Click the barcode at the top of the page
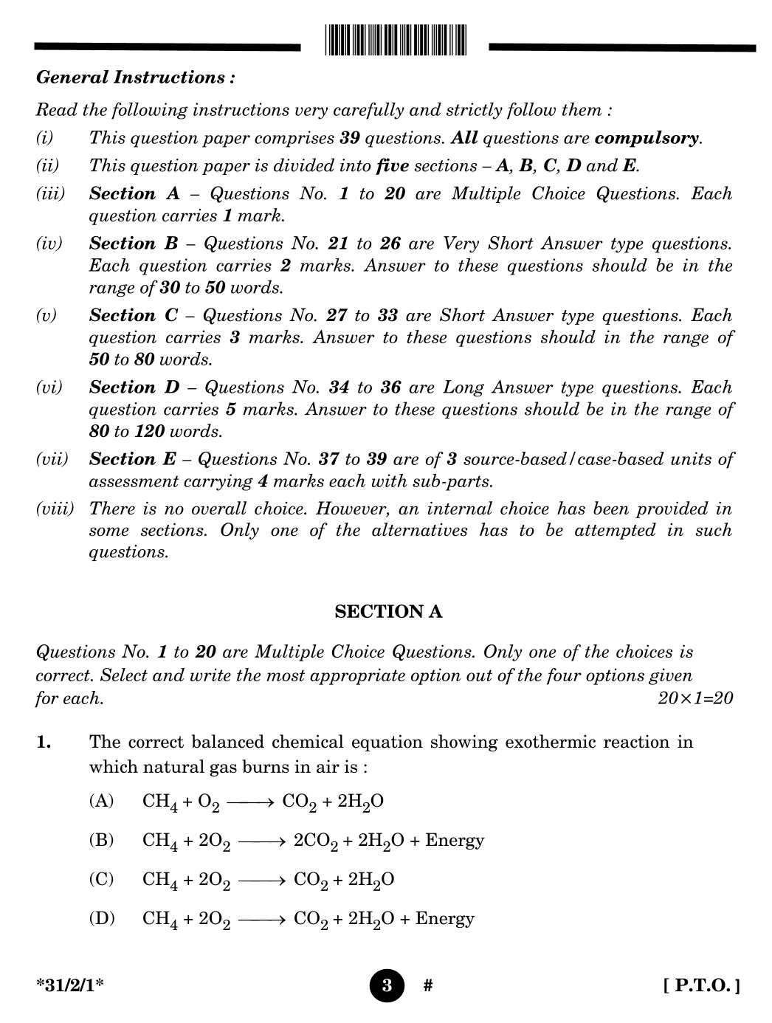tap(395, 40)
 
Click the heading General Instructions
tap(136, 77)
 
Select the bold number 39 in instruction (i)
tap(349, 138)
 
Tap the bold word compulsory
tap(647, 138)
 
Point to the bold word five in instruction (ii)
tap(392, 166)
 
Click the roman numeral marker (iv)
tap(49, 244)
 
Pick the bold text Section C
tap(134, 316)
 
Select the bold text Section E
tap(133, 459)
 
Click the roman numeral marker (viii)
tap(55, 509)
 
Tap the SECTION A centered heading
tap(388, 612)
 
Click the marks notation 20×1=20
tap(695, 698)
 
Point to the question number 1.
tap(44, 743)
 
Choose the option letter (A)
tap(101, 801)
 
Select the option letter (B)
tap(101, 840)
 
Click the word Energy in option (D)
tap(444, 918)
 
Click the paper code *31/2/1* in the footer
tap(70, 985)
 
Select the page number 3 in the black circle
tap(387, 985)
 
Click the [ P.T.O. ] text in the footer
tap(701, 985)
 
